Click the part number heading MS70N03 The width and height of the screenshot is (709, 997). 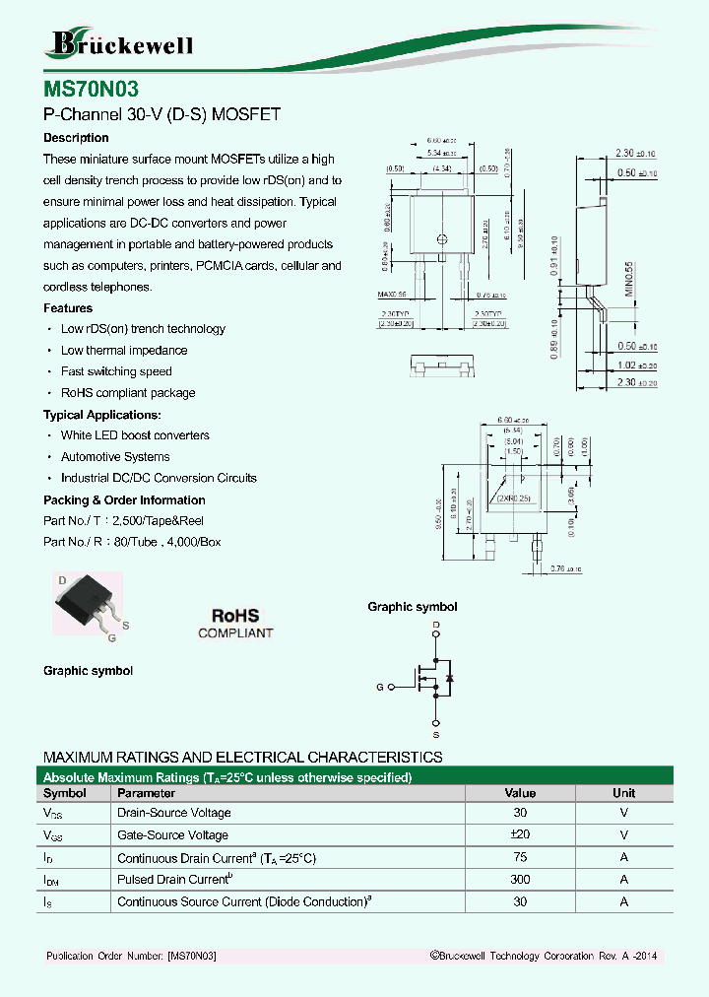84,87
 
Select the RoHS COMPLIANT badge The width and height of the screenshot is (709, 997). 235,624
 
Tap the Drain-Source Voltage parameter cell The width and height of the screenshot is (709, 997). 174,813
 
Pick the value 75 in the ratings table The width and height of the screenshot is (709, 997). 520,858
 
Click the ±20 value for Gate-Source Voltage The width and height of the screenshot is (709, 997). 520,835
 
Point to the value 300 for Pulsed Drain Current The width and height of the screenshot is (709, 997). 520,880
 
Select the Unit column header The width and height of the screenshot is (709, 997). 623,793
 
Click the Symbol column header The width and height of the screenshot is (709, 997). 65,793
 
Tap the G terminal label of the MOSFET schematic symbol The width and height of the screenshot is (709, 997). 380,687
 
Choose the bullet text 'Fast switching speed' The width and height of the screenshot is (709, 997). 116,371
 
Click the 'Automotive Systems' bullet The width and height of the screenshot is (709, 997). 115,457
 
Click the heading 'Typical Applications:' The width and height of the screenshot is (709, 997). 102,415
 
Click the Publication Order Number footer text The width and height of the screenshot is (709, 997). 131,957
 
